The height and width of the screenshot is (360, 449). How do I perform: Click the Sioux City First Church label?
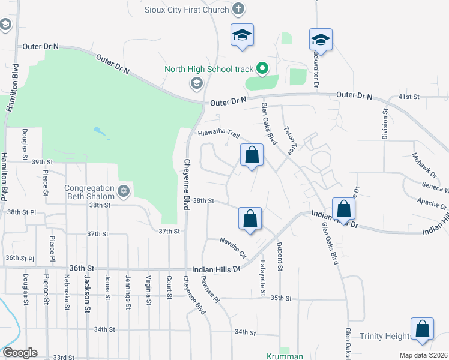click(x=187, y=10)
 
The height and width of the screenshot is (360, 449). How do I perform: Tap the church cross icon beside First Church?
click(x=239, y=9)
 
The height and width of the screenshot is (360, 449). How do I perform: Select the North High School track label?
click(x=209, y=69)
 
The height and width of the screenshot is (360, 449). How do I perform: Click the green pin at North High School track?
click(x=262, y=68)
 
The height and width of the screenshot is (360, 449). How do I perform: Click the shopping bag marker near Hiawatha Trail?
click(x=253, y=155)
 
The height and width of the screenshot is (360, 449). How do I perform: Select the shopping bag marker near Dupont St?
click(x=250, y=219)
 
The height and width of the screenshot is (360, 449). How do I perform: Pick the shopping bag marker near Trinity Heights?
click(x=423, y=329)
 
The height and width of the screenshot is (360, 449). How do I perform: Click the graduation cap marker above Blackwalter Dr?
click(x=321, y=40)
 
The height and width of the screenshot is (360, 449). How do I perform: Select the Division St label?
click(x=385, y=123)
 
